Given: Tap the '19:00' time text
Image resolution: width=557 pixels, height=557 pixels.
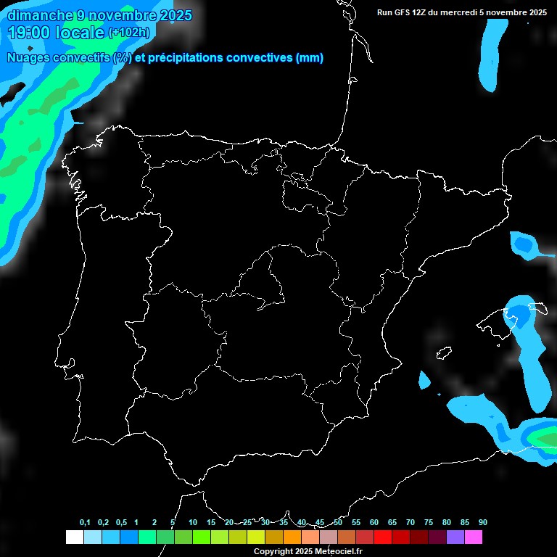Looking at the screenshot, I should [29, 33].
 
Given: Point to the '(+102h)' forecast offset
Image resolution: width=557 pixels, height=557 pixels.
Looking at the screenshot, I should [129, 33].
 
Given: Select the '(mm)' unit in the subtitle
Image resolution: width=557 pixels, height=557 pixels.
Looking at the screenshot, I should [310, 58].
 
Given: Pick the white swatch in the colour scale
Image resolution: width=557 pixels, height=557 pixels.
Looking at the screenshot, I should [74, 537].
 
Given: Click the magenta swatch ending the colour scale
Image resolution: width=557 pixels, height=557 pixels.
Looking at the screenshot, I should [474, 537].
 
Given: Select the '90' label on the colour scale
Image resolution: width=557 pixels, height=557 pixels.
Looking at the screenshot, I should [483, 522].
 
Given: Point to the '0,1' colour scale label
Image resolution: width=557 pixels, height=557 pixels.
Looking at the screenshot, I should [85, 522].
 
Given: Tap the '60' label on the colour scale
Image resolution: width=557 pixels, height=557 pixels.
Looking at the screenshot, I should [374, 522].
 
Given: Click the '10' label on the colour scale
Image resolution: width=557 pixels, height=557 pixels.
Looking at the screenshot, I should [193, 522].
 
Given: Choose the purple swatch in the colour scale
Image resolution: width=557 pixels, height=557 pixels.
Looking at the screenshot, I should [455, 537].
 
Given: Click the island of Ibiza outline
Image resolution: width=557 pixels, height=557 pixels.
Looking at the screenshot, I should [444, 353].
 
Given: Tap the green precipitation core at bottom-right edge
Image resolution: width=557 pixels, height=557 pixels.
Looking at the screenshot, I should [545, 438].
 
